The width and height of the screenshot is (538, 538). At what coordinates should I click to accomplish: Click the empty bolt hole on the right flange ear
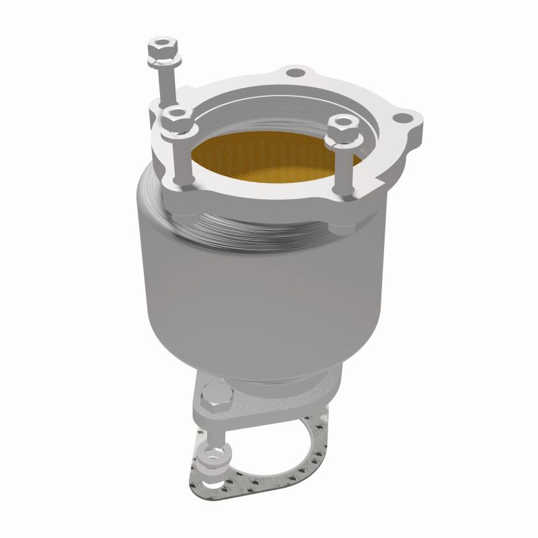click(x=403, y=119)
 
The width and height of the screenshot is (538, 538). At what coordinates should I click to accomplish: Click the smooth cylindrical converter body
click(x=262, y=289)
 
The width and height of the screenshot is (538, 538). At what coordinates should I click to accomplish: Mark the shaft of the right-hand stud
click(x=345, y=168)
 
